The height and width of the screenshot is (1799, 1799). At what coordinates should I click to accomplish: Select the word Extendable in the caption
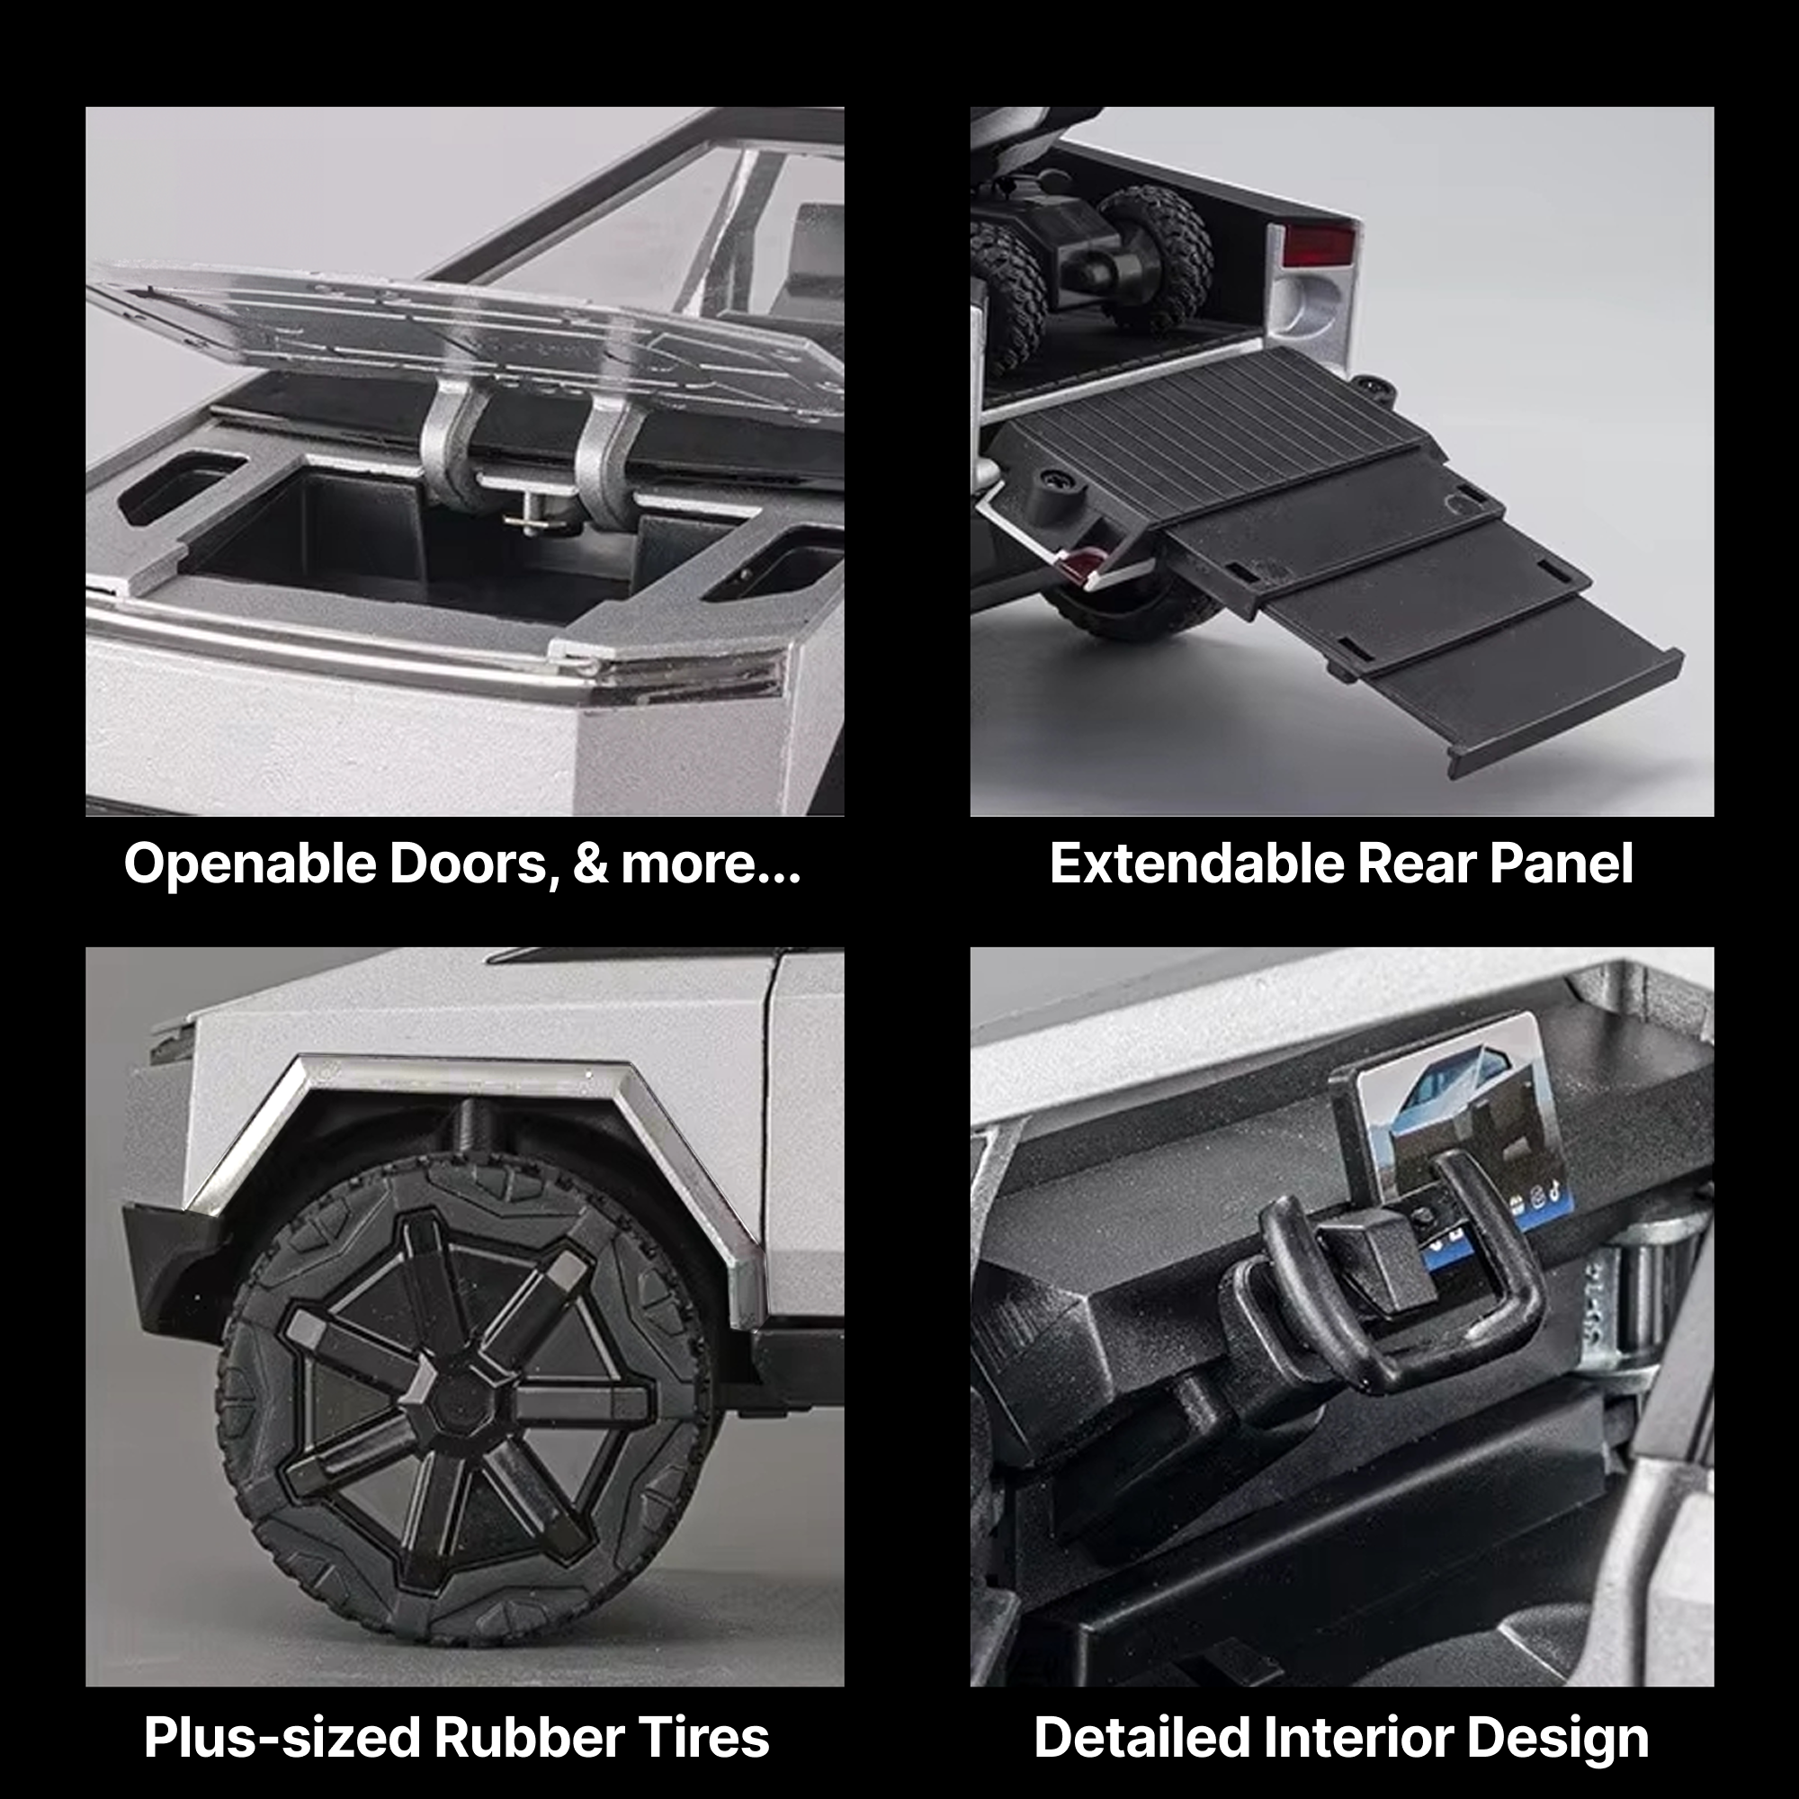[x=1195, y=864]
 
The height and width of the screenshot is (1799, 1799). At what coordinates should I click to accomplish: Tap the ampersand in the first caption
[x=589, y=864]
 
